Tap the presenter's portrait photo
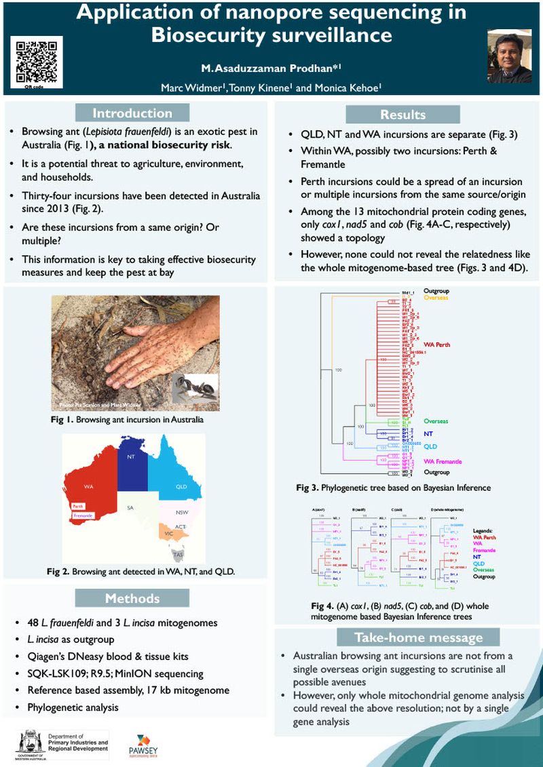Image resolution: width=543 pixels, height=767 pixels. pyautogui.click(x=510, y=59)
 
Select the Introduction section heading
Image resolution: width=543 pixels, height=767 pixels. pyautogui.click(x=132, y=113)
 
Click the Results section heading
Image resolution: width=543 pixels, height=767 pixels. pyautogui.click(x=402, y=115)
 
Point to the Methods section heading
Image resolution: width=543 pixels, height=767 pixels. pyautogui.click(x=132, y=598)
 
